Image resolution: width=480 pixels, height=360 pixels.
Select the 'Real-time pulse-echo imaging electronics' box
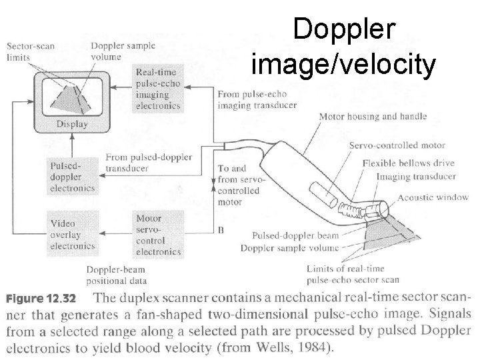(x=157, y=87)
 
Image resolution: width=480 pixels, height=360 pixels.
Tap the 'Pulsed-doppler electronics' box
(x=70, y=175)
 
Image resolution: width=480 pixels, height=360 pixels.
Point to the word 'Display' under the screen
(x=71, y=124)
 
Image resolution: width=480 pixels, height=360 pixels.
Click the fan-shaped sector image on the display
(x=71, y=98)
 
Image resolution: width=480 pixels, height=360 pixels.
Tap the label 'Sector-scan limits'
(x=31, y=51)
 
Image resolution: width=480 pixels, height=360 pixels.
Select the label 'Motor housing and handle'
(x=373, y=117)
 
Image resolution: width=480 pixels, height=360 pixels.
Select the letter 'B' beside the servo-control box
(x=220, y=230)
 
